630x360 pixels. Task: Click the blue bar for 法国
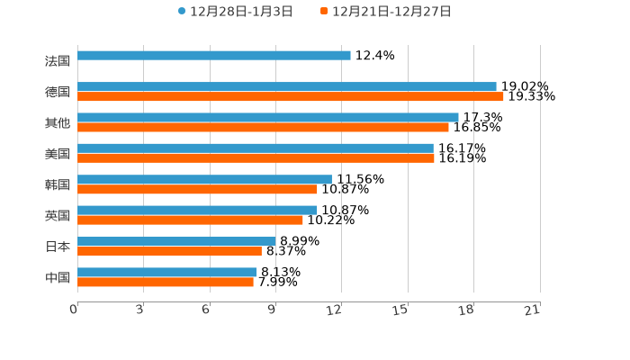(x=214, y=56)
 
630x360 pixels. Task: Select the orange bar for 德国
(x=290, y=97)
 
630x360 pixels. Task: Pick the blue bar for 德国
(x=286, y=87)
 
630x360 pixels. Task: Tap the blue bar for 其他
(x=267, y=118)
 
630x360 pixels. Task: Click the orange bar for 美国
(x=256, y=158)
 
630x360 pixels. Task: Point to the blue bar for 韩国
(x=204, y=180)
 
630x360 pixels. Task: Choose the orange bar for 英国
(x=190, y=220)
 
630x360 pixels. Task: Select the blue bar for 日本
(x=175, y=241)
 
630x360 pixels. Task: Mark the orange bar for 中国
(x=166, y=283)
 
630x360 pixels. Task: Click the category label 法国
(x=58, y=61)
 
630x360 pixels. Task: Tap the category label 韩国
(x=58, y=184)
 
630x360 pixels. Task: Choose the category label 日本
(x=58, y=247)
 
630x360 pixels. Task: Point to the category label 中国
(x=58, y=277)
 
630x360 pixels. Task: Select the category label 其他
(x=58, y=122)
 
